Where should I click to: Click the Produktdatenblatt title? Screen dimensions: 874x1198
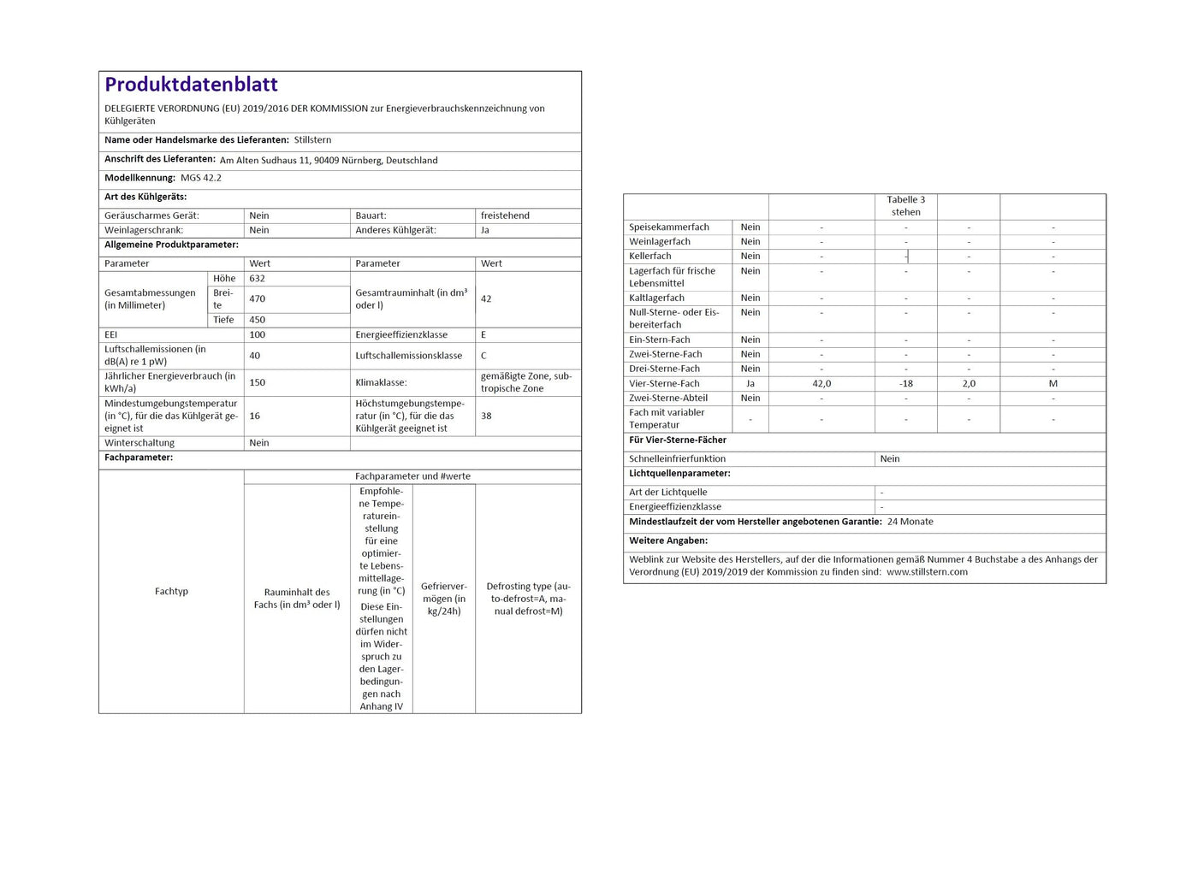pos(191,85)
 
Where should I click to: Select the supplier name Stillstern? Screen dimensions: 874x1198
pos(312,140)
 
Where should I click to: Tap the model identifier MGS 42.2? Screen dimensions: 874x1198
pos(201,178)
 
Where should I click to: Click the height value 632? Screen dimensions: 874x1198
pos(257,279)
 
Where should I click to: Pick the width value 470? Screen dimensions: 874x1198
pos(257,299)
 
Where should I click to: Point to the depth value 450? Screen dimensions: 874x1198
pos(257,320)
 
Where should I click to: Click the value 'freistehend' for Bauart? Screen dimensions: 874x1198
pos(505,216)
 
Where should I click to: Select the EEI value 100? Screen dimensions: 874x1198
pos(257,335)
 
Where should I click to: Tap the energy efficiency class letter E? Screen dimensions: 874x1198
pos(483,335)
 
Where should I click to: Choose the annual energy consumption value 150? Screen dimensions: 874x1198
pos(257,382)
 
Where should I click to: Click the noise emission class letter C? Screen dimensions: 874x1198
pos(483,356)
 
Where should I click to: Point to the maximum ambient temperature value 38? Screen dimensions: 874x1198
pos(486,416)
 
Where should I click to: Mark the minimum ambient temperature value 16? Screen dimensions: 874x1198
pos(254,416)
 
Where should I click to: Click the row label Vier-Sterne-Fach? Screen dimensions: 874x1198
pos(664,384)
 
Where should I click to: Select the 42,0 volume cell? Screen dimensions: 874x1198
pos(821,384)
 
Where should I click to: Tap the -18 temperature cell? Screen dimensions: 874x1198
pos(906,384)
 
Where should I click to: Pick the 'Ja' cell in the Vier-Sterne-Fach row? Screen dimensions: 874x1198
pos(750,384)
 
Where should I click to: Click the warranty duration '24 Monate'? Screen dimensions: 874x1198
pos(910,522)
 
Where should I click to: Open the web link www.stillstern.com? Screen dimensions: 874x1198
pos(927,572)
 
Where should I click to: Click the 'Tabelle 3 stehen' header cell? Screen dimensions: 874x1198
pos(906,206)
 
